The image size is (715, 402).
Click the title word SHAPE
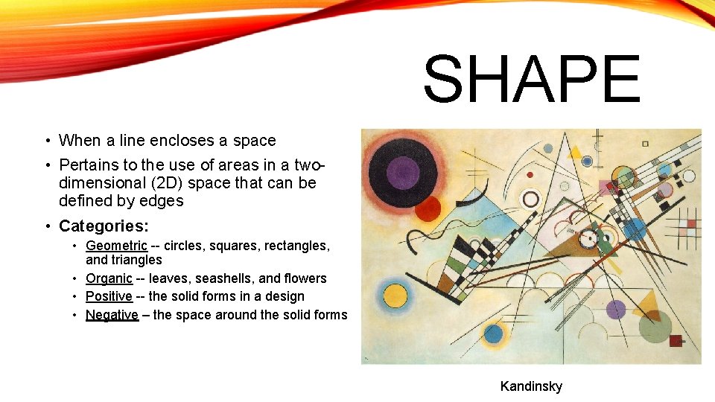[532, 80]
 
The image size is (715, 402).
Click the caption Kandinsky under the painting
[531, 386]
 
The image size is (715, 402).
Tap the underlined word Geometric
[116, 246]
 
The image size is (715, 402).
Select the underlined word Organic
[109, 278]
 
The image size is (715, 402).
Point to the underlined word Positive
[109, 296]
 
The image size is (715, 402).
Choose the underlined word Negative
[112, 315]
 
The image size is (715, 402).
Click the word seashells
[223, 278]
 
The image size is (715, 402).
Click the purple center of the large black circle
[403, 173]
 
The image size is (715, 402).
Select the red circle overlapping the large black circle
[428, 208]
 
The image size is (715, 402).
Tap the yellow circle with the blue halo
[394, 291]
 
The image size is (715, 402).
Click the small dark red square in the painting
[676, 341]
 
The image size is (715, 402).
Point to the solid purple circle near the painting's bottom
[616, 310]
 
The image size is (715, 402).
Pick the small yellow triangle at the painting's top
[574, 153]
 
